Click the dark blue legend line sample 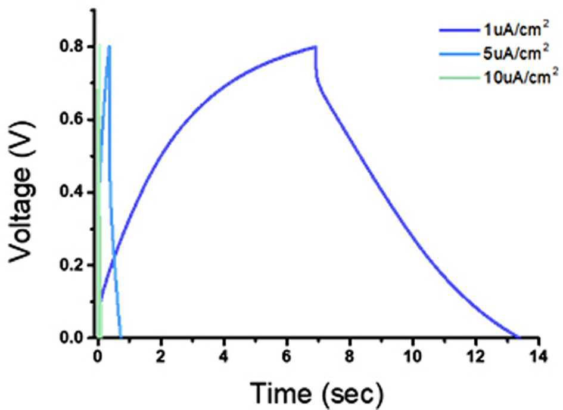460,30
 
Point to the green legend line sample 460,78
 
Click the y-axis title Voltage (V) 21,192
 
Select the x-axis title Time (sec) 317,393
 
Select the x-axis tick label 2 161,356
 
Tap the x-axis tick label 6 287,356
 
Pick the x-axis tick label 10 412,356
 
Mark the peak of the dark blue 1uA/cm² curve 315,46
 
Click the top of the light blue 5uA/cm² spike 109,46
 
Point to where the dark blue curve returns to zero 518,337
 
